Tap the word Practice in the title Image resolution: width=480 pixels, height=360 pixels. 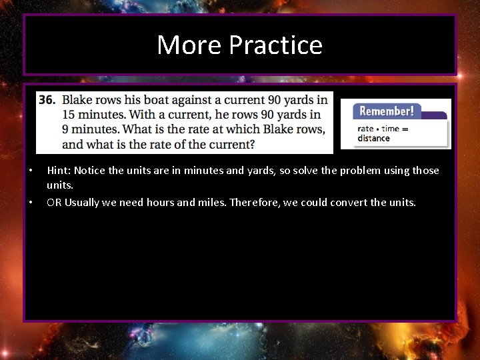click(x=275, y=45)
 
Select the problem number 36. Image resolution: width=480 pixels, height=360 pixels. click(x=47, y=100)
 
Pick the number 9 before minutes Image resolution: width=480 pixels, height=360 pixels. click(x=65, y=129)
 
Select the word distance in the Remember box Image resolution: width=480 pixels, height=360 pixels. click(x=373, y=139)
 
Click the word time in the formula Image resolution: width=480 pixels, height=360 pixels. click(x=391, y=129)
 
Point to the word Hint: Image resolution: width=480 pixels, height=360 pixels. click(x=59, y=171)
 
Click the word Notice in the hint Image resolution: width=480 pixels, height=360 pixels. click(x=90, y=171)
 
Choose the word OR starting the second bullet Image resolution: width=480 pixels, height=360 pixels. click(x=54, y=202)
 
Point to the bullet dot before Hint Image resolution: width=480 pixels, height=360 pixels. click(x=31, y=171)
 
